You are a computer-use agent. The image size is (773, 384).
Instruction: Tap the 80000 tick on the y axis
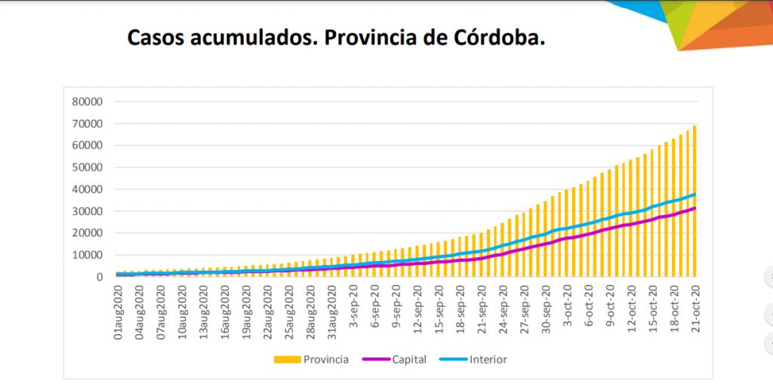coord(88,102)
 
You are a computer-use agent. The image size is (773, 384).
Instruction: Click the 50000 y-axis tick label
coord(88,167)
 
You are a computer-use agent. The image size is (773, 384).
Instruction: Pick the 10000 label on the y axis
coord(88,255)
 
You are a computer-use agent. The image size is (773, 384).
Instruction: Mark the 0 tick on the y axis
coord(99,277)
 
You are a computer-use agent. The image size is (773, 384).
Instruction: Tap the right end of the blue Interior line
coord(694,195)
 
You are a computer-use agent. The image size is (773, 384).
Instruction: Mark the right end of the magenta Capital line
coord(694,208)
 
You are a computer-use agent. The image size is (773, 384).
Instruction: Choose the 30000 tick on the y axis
coord(88,211)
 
